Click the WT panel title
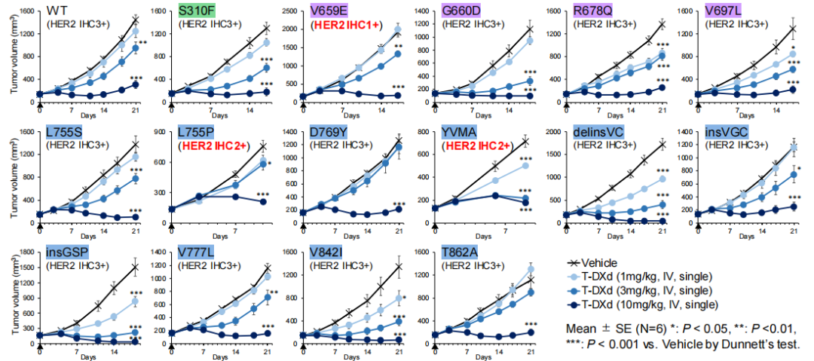[56, 11]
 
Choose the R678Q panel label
[595, 11]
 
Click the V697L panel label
[726, 11]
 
